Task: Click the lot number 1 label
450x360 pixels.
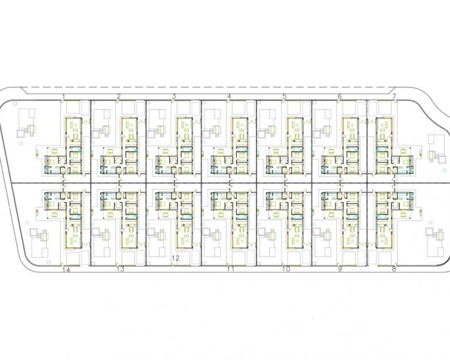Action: point(64,97)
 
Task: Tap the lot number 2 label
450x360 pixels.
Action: point(118,97)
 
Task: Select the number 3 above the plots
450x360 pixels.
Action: point(174,97)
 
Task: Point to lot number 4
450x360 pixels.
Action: point(229,97)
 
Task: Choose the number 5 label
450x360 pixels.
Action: point(284,97)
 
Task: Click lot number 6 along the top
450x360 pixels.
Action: point(340,97)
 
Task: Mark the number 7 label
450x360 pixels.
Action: point(395,97)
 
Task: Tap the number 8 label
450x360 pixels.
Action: point(394,269)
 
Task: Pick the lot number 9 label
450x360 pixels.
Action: point(340,269)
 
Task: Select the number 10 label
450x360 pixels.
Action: point(286,269)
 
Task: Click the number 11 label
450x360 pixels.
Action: point(231,269)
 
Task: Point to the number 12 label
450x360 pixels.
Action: point(175,258)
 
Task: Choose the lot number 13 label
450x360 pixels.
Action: point(120,269)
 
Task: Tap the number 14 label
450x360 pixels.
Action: point(66,270)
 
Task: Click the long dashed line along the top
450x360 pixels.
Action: point(209,87)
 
